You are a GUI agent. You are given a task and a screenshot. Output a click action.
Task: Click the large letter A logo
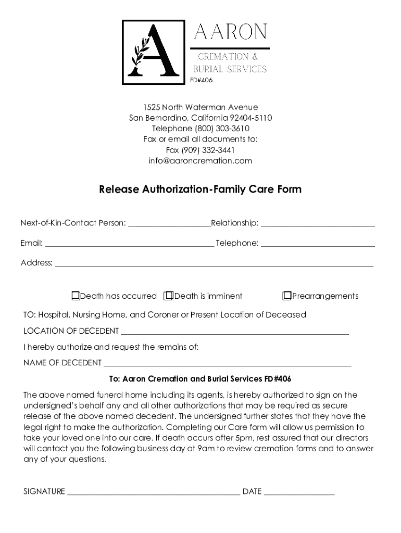[153, 52]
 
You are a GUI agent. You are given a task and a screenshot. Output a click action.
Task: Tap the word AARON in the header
[230, 32]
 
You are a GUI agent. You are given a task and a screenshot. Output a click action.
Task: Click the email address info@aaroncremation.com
[200, 161]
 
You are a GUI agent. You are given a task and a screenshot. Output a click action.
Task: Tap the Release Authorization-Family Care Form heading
[200, 189]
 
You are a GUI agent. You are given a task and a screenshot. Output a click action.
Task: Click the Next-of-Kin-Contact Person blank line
[169, 225]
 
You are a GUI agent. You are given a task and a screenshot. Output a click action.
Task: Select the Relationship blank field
[318, 225]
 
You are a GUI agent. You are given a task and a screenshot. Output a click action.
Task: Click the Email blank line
[129, 245]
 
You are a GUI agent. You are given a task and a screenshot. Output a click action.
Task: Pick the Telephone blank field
[318, 245]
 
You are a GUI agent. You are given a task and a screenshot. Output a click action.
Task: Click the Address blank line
[214, 264]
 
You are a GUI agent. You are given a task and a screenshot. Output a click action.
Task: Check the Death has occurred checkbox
[76, 296]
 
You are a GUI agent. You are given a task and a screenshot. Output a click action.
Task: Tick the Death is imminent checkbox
[168, 296]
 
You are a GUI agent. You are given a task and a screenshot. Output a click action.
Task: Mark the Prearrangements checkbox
[286, 296]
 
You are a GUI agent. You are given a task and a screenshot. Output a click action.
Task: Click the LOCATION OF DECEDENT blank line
[234, 333]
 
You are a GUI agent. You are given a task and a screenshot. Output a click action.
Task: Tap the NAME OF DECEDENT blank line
[227, 364]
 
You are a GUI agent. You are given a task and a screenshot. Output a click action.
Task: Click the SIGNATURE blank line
[154, 493]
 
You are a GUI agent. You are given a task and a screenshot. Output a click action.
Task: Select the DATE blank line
[299, 493]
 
